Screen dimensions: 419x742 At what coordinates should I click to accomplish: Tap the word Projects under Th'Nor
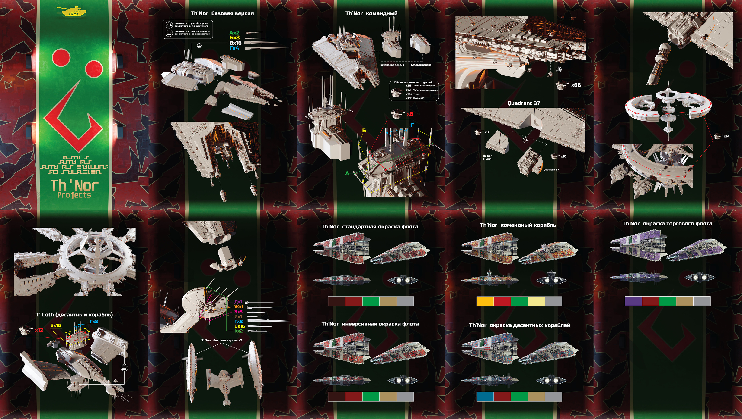coord(74,195)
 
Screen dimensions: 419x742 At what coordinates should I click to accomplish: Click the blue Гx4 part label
coord(234,48)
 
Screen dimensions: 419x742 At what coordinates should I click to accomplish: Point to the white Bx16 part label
coord(235,43)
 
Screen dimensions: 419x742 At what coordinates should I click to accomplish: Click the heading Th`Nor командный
coord(371,13)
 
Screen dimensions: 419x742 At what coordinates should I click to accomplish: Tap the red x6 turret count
coord(410,114)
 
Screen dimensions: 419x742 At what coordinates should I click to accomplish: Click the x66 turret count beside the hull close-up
coord(576,85)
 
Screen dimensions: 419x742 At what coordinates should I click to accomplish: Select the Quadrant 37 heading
coord(523,103)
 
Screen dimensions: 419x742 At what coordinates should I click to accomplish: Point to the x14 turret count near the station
coord(726,136)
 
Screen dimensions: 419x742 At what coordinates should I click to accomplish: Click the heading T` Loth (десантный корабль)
coord(74,315)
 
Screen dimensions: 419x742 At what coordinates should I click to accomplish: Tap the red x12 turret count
coord(39,330)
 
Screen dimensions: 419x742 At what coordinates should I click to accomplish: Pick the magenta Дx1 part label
coord(238,302)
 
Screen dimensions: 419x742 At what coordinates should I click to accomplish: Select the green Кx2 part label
coord(238,331)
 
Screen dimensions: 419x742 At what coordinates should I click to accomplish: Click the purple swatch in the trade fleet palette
coord(633,301)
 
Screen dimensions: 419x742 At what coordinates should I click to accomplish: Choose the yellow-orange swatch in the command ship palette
coord(485,301)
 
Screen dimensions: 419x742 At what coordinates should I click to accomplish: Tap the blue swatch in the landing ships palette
coord(485,397)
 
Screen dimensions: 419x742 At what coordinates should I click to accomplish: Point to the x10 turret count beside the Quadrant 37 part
coord(563,156)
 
